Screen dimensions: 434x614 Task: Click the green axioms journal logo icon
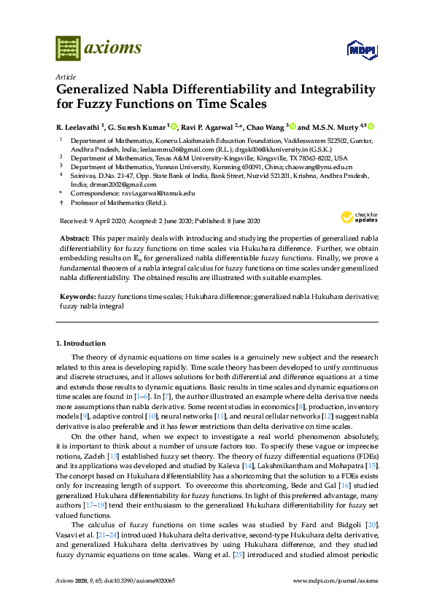(68, 47)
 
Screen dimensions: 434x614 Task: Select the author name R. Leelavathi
(80, 126)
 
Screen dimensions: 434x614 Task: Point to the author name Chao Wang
(270, 126)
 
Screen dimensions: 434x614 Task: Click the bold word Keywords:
(77, 298)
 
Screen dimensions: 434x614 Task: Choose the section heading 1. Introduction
(81, 343)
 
